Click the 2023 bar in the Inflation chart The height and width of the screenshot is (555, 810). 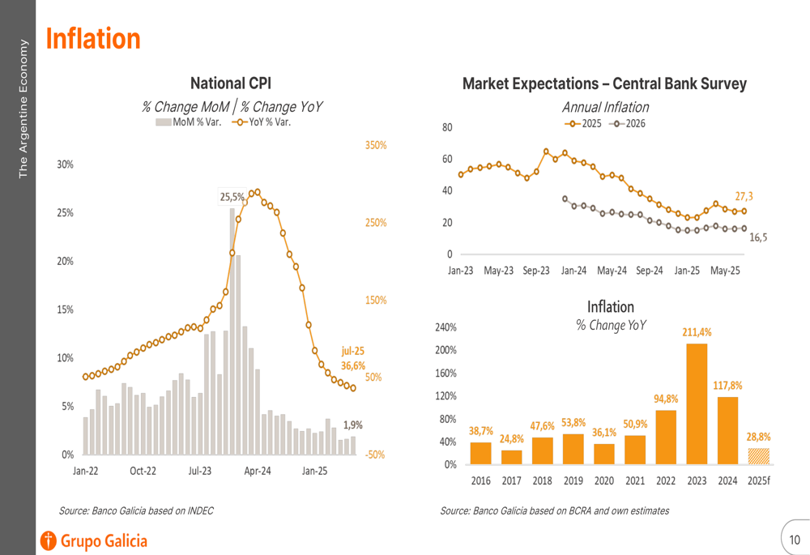(x=696, y=403)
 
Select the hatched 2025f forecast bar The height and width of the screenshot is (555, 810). (x=758, y=456)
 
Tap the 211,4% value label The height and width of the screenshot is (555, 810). (x=697, y=332)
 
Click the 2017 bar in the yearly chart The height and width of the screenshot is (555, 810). (x=511, y=457)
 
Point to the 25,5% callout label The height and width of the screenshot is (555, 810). (x=232, y=196)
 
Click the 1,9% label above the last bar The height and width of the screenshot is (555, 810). (x=353, y=425)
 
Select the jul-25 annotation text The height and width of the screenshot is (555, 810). (x=352, y=351)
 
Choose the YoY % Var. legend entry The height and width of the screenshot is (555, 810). (x=262, y=122)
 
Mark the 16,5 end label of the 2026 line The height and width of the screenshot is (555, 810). (x=759, y=237)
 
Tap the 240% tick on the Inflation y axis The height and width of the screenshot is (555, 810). (x=447, y=327)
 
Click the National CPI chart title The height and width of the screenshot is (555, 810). (x=231, y=83)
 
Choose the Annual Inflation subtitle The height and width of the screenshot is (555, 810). (x=605, y=107)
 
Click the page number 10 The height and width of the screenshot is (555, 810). (x=794, y=540)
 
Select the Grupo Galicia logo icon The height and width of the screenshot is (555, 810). (x=49, y=540)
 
